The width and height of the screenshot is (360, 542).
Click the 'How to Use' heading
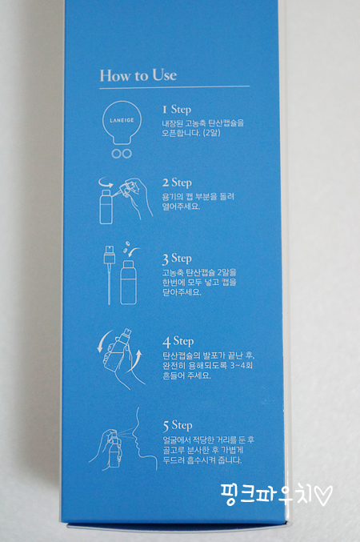tap(138, 75)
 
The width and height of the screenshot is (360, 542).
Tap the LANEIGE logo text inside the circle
tap(122, 120)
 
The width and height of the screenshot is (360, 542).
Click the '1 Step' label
tap(177, 110)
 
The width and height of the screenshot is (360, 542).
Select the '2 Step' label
tap(177, 183)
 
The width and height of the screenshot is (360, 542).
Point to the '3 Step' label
tap(177, 259)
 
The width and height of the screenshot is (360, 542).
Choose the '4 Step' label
tap(178, 342)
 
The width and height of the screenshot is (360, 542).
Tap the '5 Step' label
tap(178, 425)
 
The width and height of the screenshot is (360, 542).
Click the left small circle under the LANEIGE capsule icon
tap(116, 154)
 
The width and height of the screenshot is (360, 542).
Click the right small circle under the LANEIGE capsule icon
tap(126, 154)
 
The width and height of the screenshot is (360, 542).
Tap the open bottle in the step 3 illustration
tap(129, 283)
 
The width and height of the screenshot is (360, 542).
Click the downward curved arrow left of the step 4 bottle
tap(102, 340)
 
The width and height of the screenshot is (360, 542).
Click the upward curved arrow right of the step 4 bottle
tap(137, 361)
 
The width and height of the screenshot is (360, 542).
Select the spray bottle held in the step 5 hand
tap(114, 448)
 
